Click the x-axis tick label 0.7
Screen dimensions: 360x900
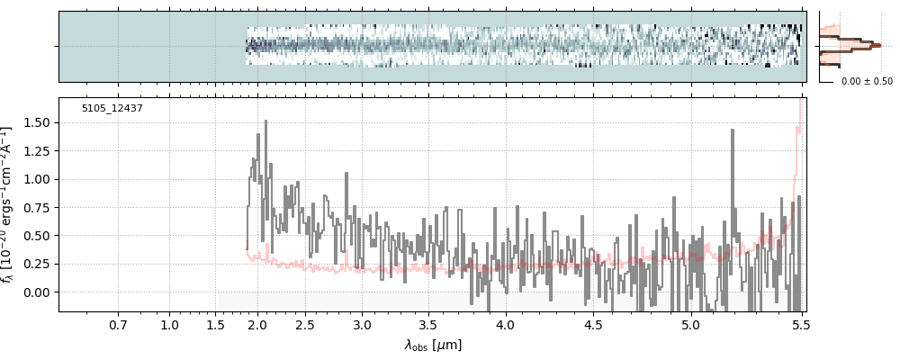coord(118,324)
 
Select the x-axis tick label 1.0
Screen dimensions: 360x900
coord(169,324)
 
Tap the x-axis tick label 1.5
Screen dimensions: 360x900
coord(216,324)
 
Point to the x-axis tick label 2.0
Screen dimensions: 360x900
coord(257,324)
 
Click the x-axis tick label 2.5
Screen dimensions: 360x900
coord(305,324)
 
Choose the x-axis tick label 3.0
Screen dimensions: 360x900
coord(362,324)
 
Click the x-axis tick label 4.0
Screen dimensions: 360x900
coord(506,324)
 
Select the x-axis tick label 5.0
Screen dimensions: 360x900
coord(690,324)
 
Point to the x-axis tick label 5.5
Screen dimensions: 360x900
coord(797,324)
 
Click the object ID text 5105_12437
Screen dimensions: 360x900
coord(112,109)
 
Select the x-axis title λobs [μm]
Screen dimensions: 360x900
coord(433,345)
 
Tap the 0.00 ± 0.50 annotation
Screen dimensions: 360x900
coord(867,81)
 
